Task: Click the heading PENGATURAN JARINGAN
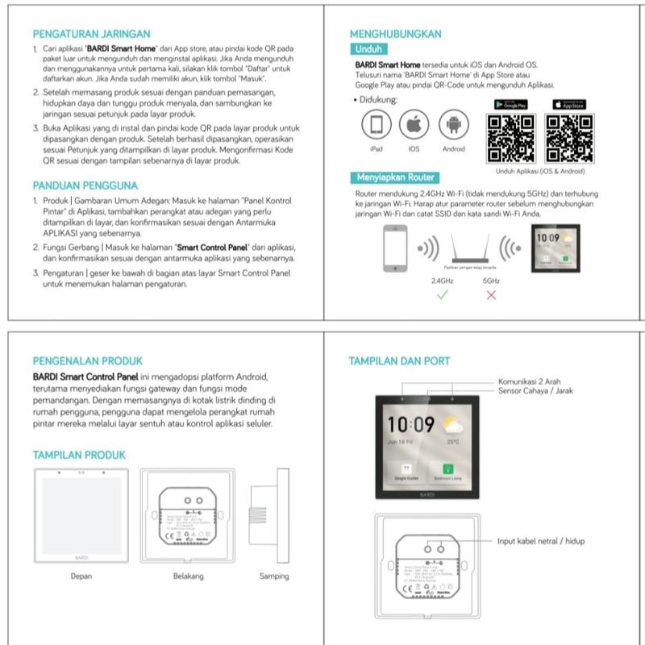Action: (91, 34)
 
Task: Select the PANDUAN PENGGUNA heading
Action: (85, 185)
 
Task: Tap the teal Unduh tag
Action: (368, 48)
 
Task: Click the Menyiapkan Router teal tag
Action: (394, 177)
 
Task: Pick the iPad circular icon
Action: (376, 125)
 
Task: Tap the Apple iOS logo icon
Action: (414, 125)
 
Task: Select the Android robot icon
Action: (453, 125)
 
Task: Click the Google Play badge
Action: (510, 105)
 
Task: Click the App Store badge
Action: (569, 105)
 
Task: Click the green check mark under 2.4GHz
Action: (441, 295)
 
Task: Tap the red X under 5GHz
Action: (491, 295)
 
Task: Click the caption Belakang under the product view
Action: (188, 576)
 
